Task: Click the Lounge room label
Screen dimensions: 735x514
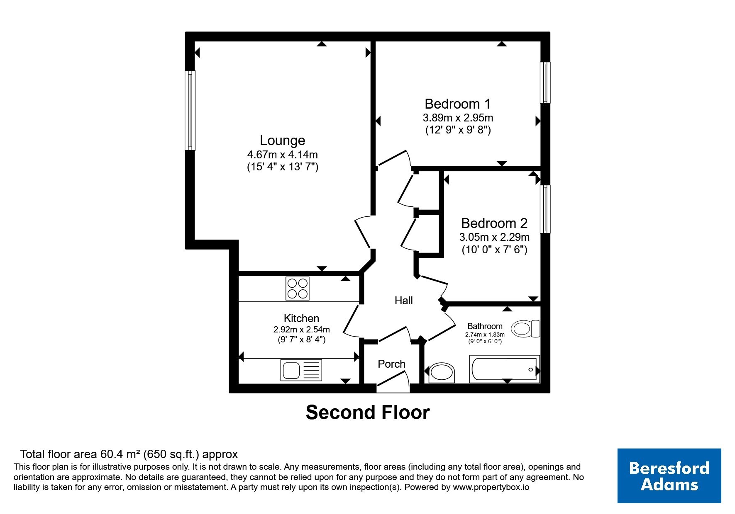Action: (282, 141)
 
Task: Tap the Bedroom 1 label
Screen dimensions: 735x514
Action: (457, 104)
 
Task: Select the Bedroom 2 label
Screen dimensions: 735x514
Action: (494, 223)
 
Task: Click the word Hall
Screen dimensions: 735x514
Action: (403, 301)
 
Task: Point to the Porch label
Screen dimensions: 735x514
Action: (391, 364)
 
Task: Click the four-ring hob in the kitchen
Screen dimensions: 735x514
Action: (298, 289)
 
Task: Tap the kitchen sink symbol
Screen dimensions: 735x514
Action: (301, 370)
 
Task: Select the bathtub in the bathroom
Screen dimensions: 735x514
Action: (504, 368)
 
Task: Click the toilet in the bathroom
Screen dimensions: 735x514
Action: (525, 329)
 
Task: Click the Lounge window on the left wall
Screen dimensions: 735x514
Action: (190, 110)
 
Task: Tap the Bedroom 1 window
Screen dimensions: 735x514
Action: (545, 82)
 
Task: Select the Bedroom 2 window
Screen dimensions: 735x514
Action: (545, 209)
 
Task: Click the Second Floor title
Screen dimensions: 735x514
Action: (368, 412)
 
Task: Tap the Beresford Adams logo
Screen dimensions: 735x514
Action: (669, 476)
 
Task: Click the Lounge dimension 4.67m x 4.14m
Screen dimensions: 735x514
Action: (283, 155)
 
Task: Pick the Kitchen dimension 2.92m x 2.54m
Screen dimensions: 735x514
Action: (301, 330)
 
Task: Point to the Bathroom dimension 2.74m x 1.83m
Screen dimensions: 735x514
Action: (485, 335)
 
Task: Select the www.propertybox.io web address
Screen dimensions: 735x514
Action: (491, 487)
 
